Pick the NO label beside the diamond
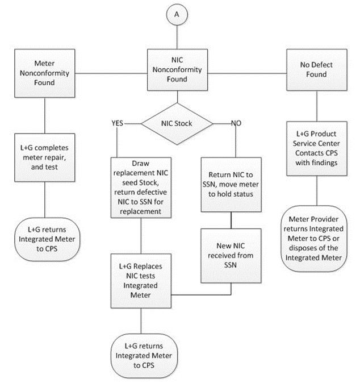coord(237,123)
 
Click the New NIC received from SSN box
coord(232,255)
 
